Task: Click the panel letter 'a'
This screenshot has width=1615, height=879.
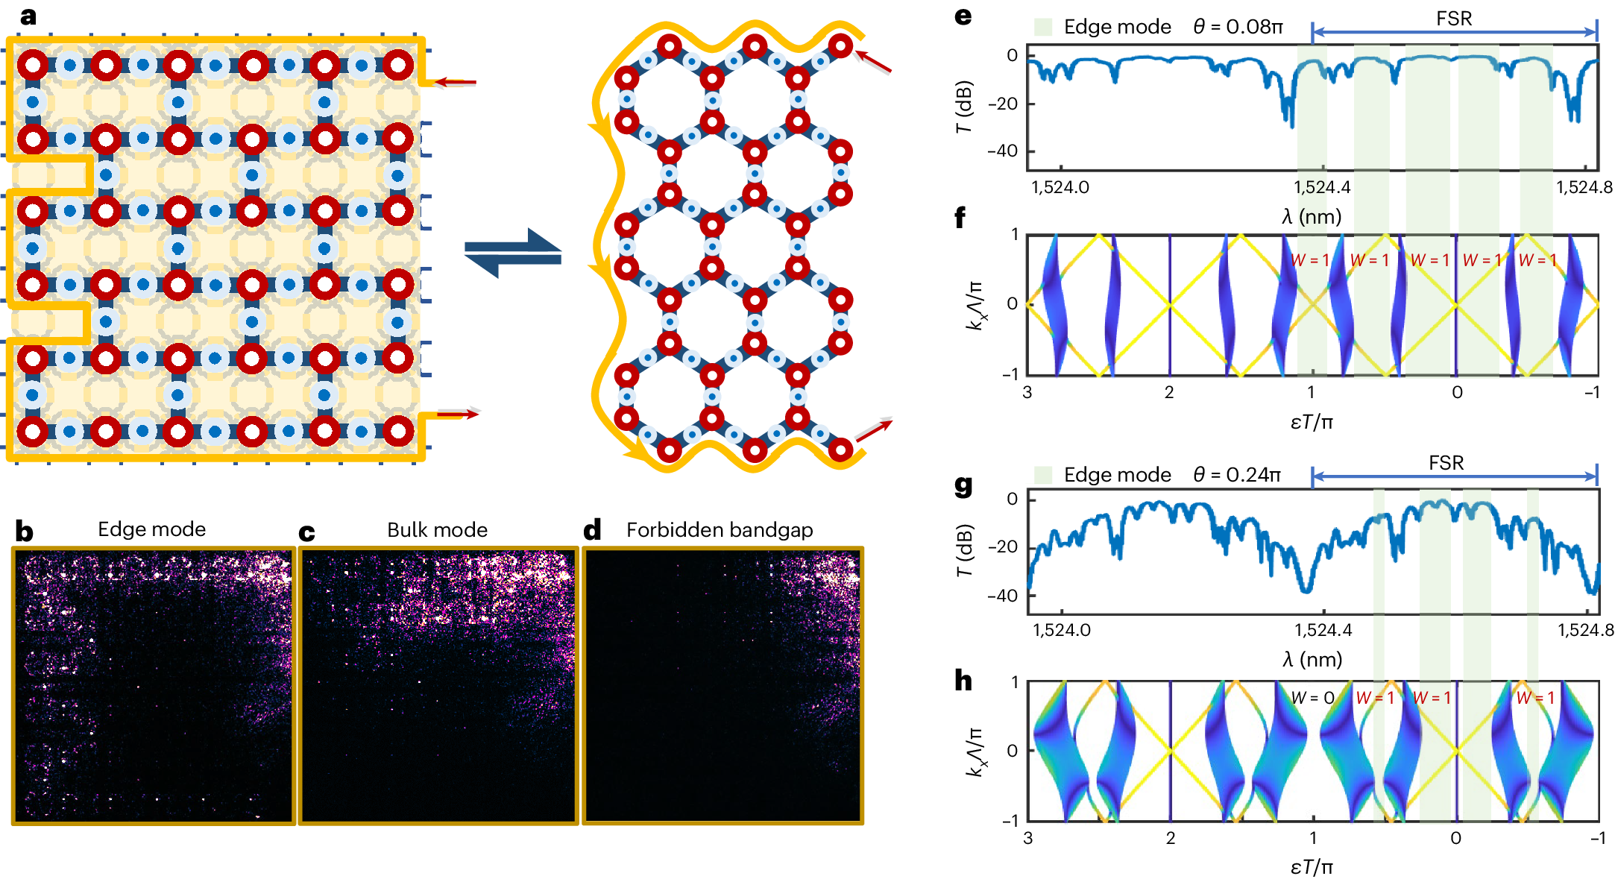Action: click(x=28, y=16)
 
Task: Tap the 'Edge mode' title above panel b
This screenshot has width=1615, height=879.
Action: click(x=151, y=529)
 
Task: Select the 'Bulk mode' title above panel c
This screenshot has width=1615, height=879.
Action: click(x=437, y=530)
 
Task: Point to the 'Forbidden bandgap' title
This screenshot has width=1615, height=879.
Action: click(x=719, y=530)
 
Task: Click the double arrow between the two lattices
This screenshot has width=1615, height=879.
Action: click(x=512, y=253)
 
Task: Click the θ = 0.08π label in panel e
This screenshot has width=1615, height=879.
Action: click(x=1238, y=28)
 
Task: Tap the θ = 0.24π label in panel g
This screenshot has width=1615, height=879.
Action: click(x=1237, y=475)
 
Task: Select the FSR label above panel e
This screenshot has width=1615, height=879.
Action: click(x=1454, y=19)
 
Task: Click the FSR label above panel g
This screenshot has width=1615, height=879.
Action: click(x=1446, y=463)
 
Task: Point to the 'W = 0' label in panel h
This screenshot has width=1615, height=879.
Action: click(x=1312, y=698)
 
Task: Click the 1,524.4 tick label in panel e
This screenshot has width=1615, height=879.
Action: click(x=1322, y=188)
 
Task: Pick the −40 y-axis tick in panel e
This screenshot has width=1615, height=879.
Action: click(x=1002, y=151)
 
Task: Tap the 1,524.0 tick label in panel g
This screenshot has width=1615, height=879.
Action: click(x=1061, y=631)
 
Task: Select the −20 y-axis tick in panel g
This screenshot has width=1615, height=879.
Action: click(x=1002, y=547)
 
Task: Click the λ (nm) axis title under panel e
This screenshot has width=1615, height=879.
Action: click(x=1312, y=217)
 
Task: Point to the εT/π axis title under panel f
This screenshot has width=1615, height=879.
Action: click(x=1312, y=423)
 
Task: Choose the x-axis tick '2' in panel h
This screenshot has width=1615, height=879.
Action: click(x=1171, y=838)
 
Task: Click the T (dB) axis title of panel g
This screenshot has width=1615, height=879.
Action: click(x=965, y=549)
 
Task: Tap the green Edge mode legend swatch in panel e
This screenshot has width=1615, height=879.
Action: click(x=1043, y=28)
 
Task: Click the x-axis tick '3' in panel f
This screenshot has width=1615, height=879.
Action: click(x=1027, y=393)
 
